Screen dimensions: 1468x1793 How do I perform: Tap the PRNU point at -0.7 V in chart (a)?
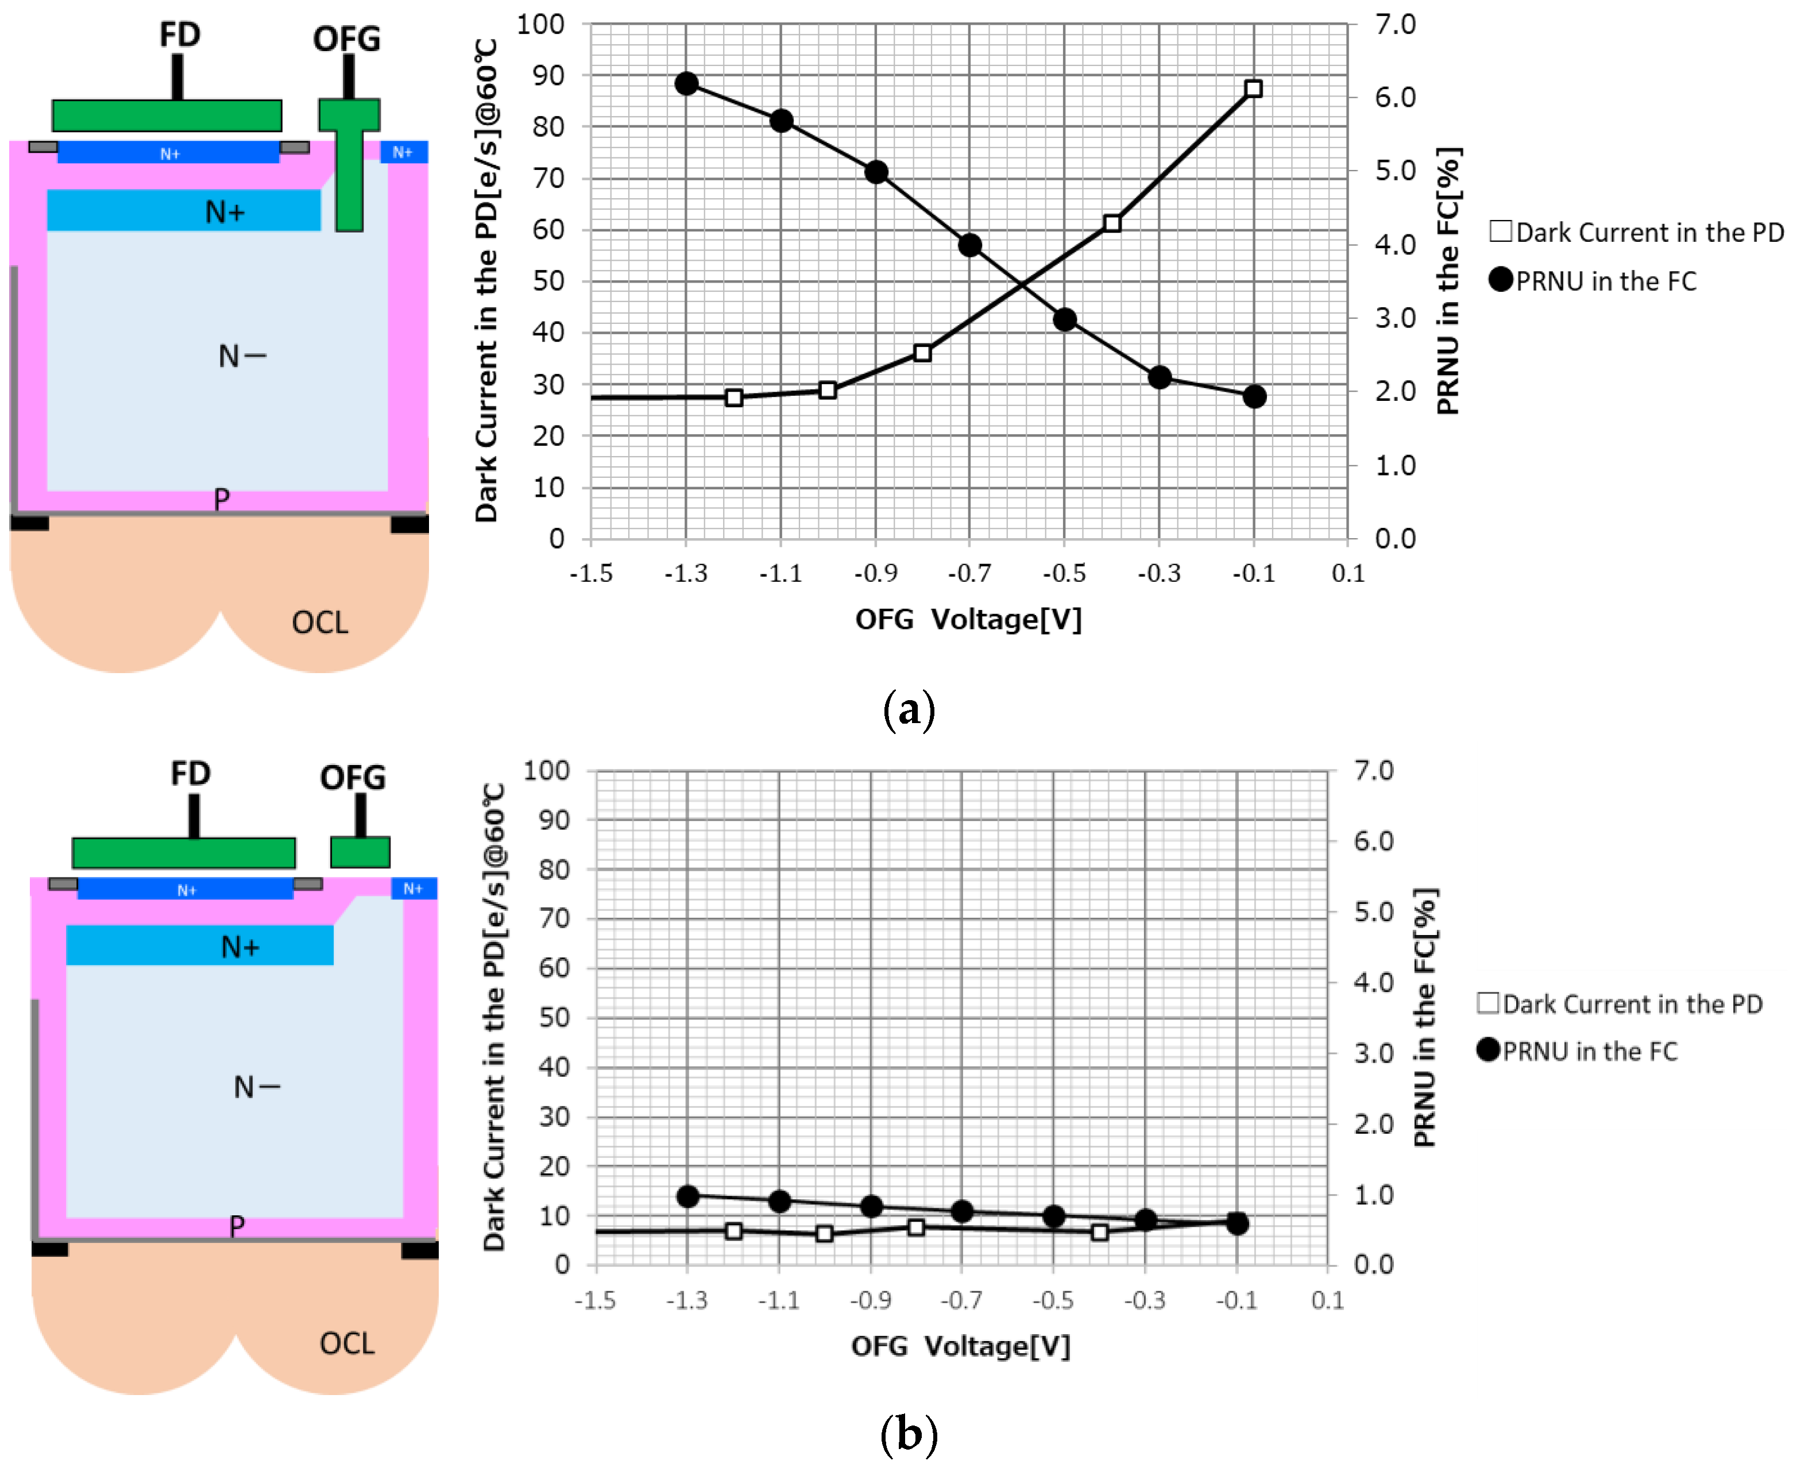(x=969, y=245)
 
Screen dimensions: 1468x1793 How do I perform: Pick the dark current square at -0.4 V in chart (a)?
(x=1112, y=223)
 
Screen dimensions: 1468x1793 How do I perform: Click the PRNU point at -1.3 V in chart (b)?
(x=688, y=1196)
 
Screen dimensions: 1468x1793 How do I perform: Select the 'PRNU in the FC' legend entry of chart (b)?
(x=1578, y=1051)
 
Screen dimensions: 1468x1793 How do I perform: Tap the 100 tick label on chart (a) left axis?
(x=540, y=25)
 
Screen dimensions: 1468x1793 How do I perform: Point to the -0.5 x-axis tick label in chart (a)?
(x=1064, y=573)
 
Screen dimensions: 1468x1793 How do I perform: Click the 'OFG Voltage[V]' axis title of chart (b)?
(x=960, y=1346)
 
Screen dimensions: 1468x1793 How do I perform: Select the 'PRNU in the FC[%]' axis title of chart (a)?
(x=1448, y=281)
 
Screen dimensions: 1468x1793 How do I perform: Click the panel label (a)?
(x=909, y=709)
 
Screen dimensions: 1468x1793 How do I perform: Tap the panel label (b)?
(x=909, y=1434)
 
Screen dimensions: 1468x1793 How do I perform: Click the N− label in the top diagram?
(x=242, y=356)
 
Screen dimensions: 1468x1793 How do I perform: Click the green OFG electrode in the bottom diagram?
(x=360, y=852)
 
